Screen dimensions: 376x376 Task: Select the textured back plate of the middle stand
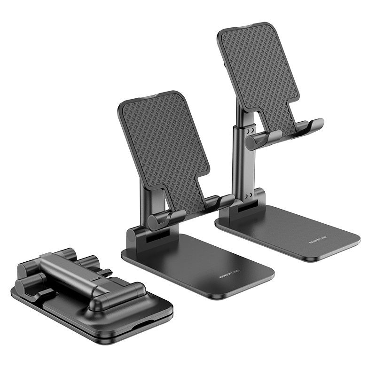coord(162,141)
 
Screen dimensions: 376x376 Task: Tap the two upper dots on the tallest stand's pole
coord(250,129)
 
